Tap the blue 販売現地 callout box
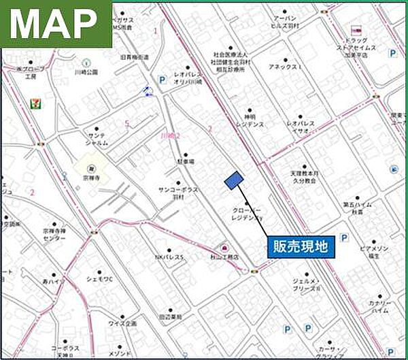300,247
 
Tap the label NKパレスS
169,257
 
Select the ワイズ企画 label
122,323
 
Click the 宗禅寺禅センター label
54,235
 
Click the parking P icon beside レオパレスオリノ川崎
162,80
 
